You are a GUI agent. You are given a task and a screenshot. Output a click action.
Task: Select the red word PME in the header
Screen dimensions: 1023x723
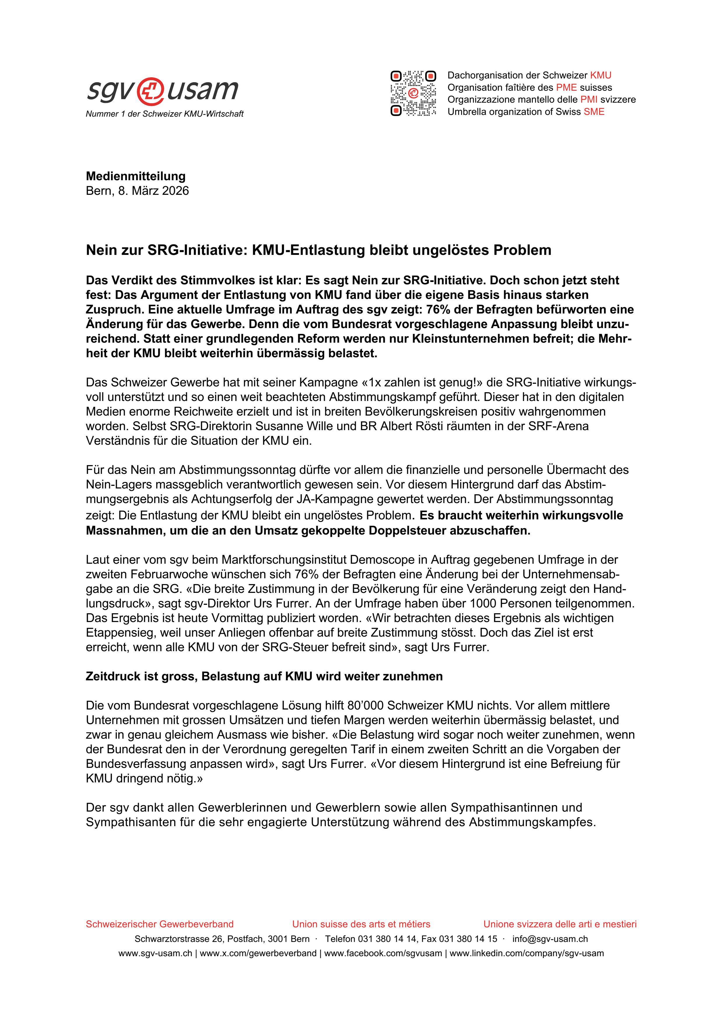(566, 87)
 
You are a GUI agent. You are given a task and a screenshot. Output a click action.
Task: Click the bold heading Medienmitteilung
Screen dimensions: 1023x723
(135, 176)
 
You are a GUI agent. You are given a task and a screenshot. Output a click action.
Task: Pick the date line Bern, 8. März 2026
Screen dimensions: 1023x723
(137, 191)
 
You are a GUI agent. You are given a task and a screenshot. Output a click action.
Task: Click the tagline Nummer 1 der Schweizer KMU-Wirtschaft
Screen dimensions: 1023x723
(164, 114)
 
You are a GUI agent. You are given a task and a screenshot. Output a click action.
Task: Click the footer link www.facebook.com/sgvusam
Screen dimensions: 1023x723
(383, 954)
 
